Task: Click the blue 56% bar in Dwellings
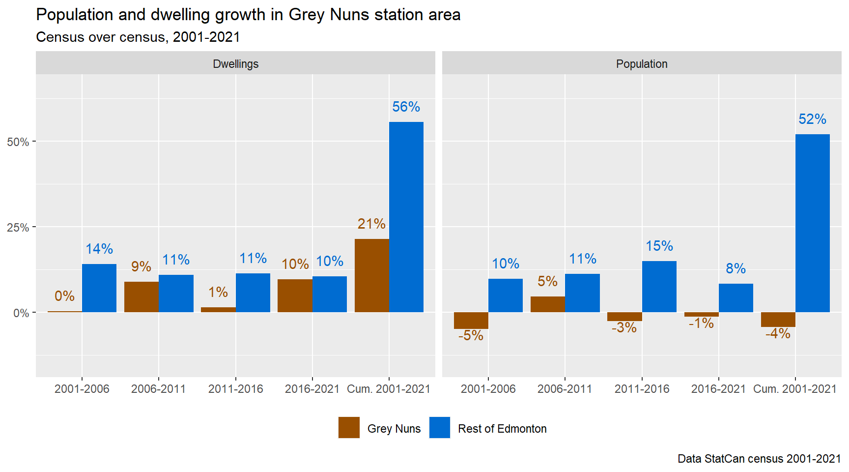point(406,217)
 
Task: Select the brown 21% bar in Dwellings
point(371,275)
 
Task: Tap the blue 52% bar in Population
point(812,223)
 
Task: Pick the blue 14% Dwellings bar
point(99,288)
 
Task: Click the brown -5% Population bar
point(471,321)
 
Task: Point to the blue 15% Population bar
point(659,287)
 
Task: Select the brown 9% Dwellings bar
point(141,297)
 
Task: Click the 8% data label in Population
point(736,268)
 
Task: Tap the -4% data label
point(778,334)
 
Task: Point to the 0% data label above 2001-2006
point(64,296)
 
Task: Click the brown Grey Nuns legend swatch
point(349,428)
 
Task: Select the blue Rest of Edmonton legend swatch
point(440,428)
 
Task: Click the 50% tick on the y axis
point(18,142)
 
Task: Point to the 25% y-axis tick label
point(18,228)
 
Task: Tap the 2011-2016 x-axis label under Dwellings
point(235,389)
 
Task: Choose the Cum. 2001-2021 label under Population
point(794,389)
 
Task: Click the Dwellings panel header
point(235,64)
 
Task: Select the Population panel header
point(642,64)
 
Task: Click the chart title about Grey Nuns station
point(248,15)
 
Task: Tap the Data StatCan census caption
point(759,459)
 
